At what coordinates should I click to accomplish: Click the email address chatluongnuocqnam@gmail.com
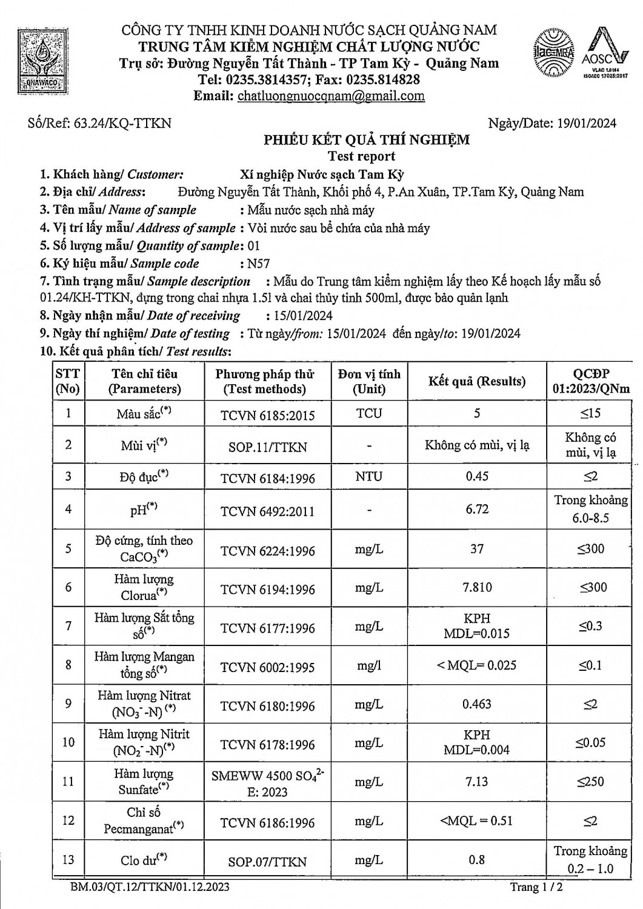coord(331,96)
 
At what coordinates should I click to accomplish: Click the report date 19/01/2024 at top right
coord(585,124)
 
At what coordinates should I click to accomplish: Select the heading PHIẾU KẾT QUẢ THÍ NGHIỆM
coord(366,141)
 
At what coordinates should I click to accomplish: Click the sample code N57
coord(258,264)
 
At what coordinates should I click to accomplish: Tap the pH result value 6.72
coord(477,509)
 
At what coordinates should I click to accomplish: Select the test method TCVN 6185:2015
coord(267,416)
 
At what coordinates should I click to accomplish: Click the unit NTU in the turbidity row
coord(368,477)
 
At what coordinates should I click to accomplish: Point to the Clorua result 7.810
coord(477,587)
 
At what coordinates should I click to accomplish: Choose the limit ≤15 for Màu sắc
coord(590,413)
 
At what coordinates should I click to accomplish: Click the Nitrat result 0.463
coord(477,704)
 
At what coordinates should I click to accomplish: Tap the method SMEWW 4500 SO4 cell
coord(267,783)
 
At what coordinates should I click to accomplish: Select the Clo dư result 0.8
coord(477,859)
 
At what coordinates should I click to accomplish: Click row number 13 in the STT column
coord(68,859)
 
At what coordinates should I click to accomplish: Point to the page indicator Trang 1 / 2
coord(536,888)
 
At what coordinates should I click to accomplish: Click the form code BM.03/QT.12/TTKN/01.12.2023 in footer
coord(150,888)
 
